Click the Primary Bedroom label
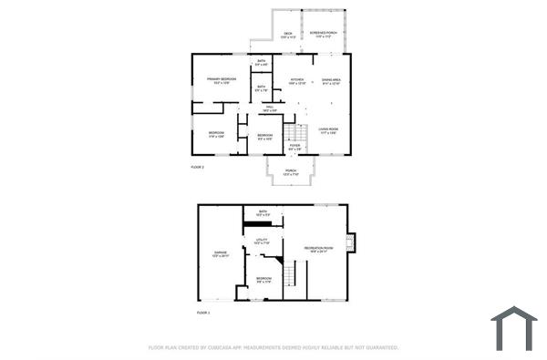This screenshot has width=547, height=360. coord(221,80)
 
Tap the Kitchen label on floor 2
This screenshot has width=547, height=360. coord(297,81)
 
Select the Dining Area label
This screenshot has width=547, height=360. coord(331,81)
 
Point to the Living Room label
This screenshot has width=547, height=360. coord(328,130)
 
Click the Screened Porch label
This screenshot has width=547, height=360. coord(322,34)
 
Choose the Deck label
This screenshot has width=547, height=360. coord(287,34)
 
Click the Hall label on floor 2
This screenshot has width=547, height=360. coord(270,108)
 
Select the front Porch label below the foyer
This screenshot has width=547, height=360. coord(291,171)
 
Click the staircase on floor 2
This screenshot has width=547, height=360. coord(292,133)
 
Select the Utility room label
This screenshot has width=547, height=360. coord(262,242)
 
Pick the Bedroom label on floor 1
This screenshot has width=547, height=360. coord(263,279)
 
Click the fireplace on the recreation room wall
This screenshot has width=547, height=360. coord(352,243)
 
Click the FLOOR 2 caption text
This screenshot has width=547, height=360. coord(197,168)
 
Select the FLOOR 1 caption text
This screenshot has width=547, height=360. coord(203,313)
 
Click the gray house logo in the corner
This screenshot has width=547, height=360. coord(514,328)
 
